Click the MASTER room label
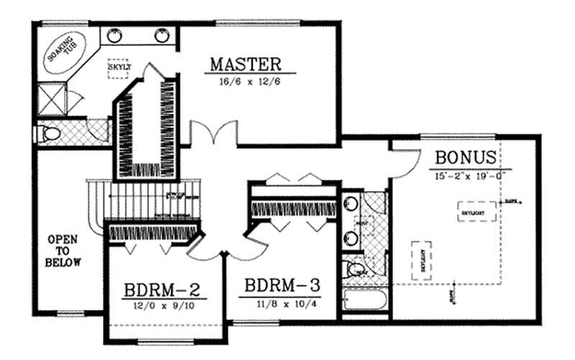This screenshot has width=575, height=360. (x=246, y=63)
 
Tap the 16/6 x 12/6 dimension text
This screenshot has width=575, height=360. (x=246, y=83)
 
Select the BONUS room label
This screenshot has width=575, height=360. (x=465, y=157)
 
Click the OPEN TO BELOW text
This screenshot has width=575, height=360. (x=63, y=250)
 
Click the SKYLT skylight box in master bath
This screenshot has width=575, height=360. (x=117, y=68)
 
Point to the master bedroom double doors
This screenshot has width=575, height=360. (x=215, y=134)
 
